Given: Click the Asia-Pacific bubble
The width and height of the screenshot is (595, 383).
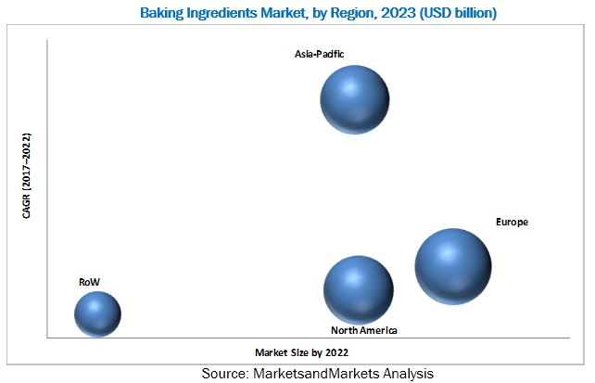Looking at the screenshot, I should pos(354,99).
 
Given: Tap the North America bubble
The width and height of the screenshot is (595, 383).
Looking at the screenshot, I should pos(357,289).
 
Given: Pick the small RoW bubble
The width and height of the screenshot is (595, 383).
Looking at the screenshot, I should pos(97,313).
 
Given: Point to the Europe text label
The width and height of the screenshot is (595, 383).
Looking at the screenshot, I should pos(512,223).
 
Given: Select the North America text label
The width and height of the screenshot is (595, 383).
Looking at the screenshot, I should pos(364,330).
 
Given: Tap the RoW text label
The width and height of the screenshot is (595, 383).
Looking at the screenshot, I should pos(89,279).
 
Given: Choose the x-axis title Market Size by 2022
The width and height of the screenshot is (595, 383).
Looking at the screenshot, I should pos(302,353).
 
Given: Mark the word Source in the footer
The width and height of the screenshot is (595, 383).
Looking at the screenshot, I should pos(225,373).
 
